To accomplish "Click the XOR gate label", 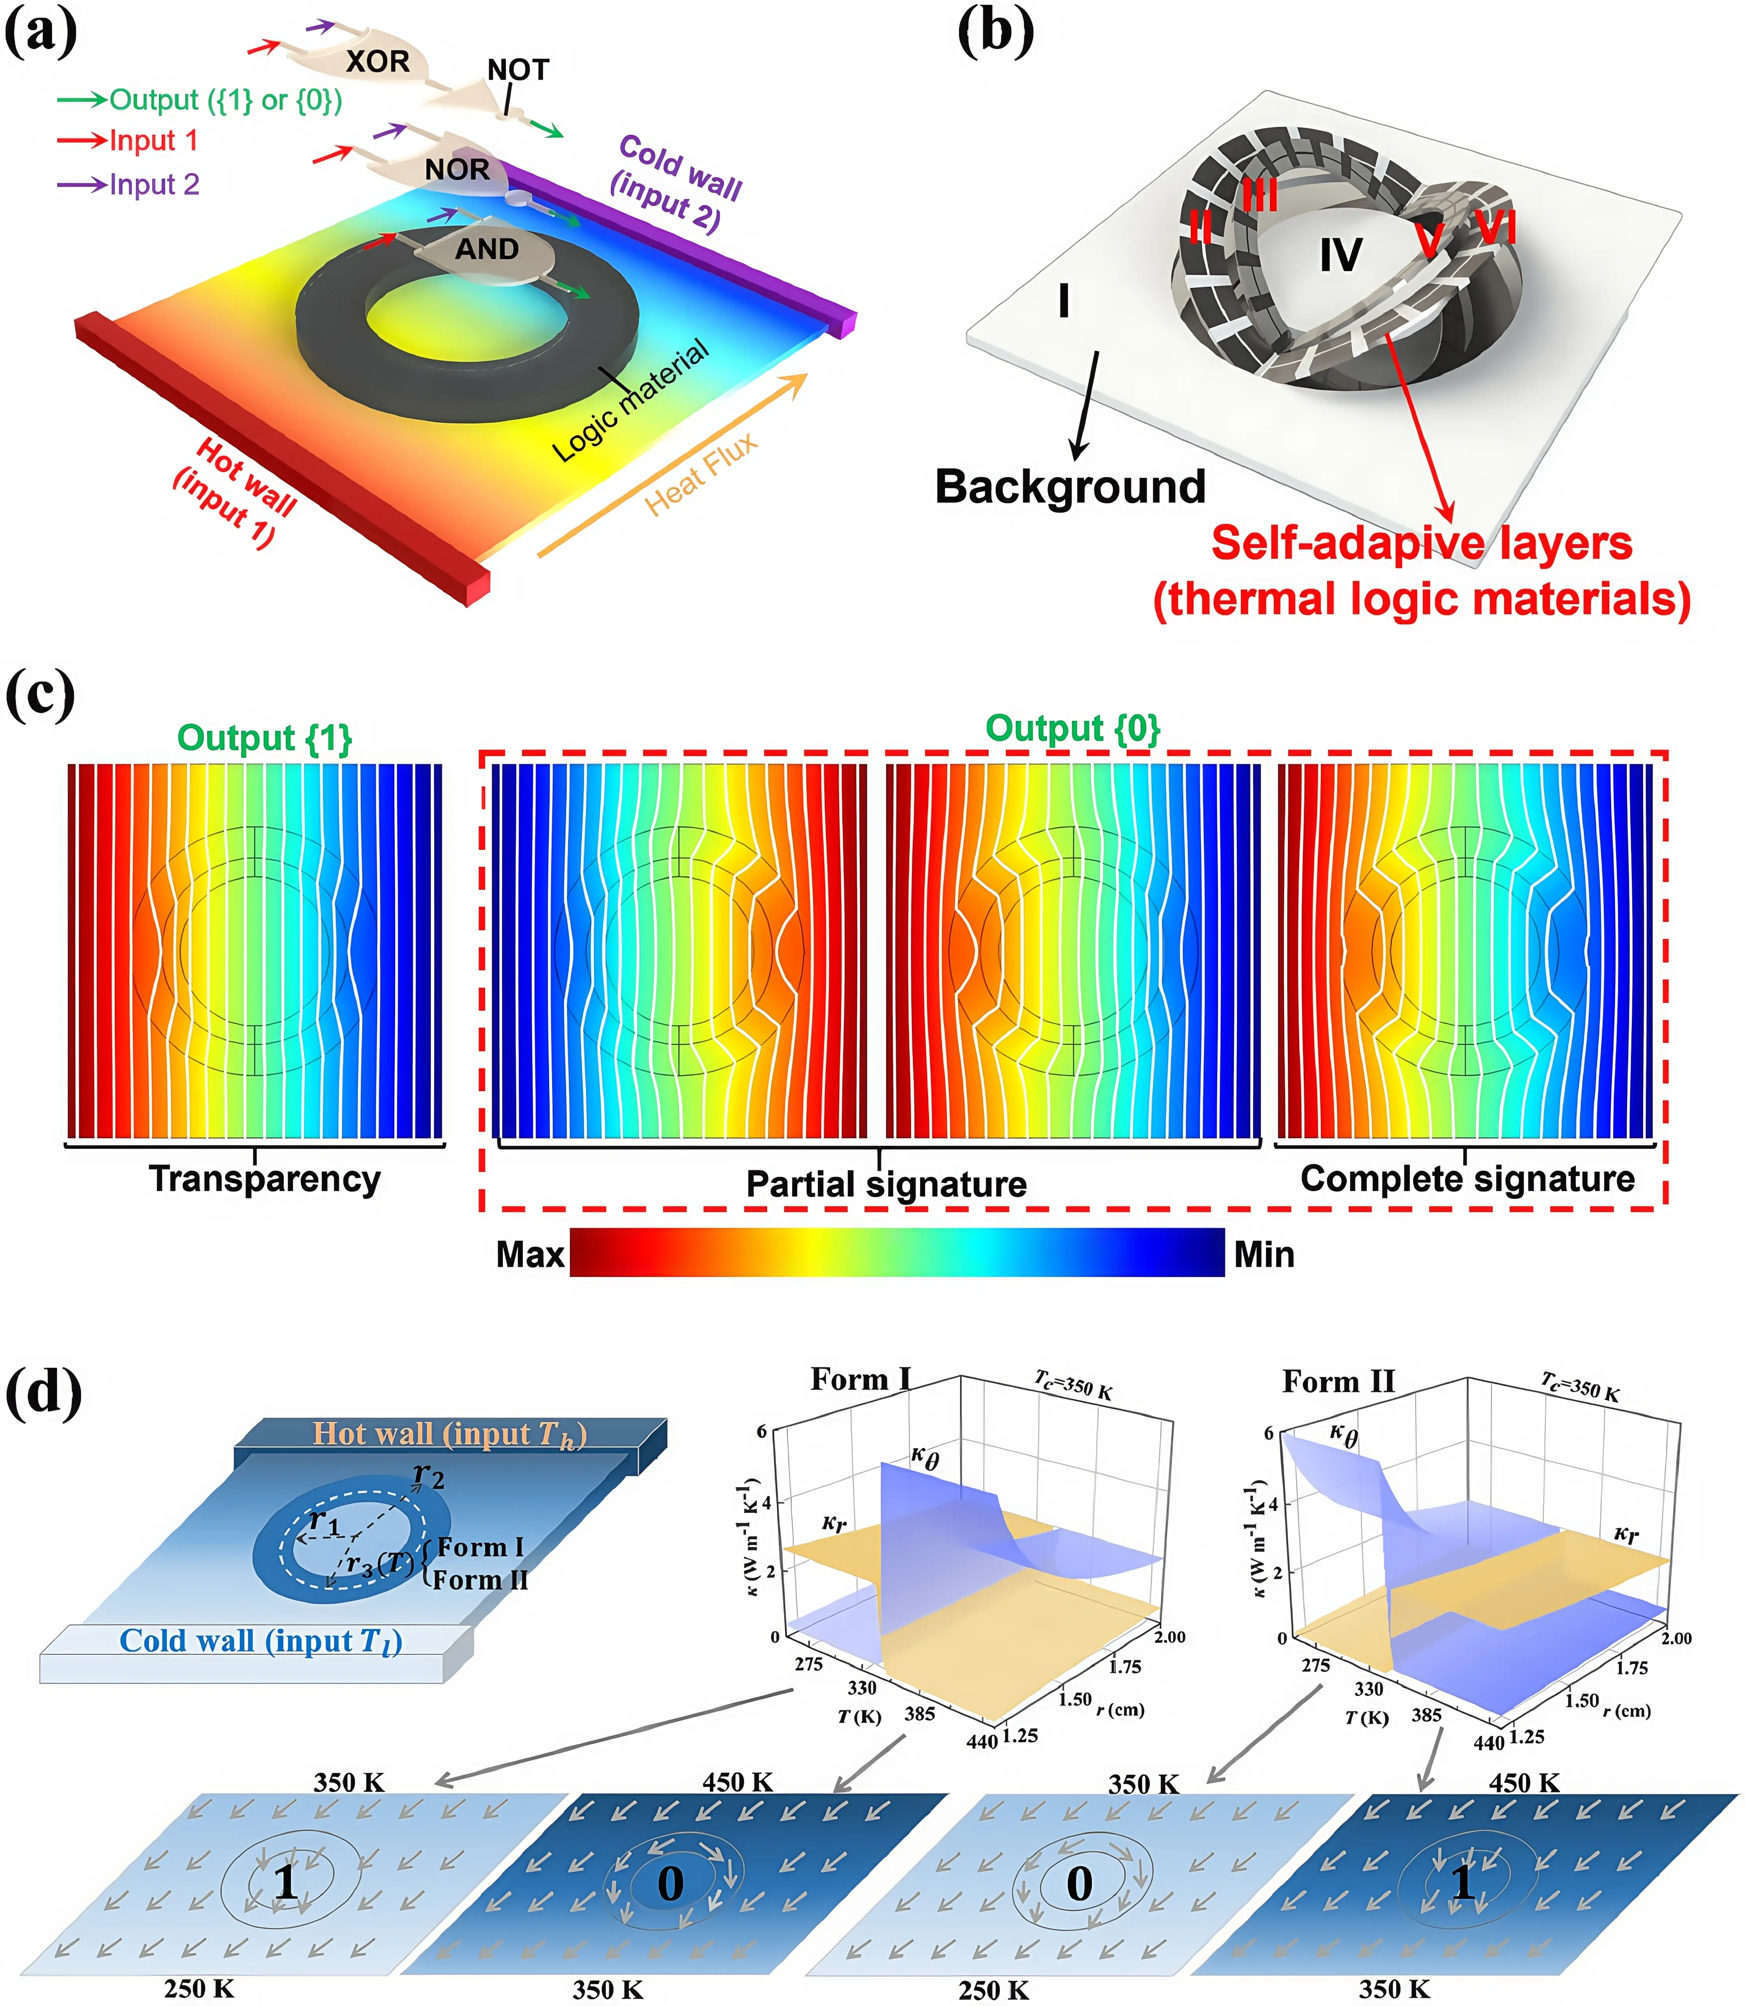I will pyautogui.click(x=378, y=62).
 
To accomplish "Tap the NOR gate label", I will pyautogui.click(x=457, y=170).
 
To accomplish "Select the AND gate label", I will pyautogui.click(x=487, y=250).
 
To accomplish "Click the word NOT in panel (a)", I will pyautogui.click(x=518, y=70).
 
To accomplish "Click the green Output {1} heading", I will pyautogui.click(x=264, y=737).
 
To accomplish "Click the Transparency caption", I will pyautogui.click(x=264, y=1179).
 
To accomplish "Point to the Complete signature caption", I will pyautogui.click(x=1467, y=1179).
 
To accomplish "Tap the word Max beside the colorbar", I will pyautogui.click(x=530, y=1254).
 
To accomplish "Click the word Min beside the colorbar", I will pyautogui.click(x=1264, y=1254).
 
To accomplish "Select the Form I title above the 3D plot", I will pyautogui.click(x=861, y=1380).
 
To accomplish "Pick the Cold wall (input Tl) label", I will pyautogui.click(x=260, y=1641).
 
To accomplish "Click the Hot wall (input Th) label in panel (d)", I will pyautogui.click(x=449, y=1433).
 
